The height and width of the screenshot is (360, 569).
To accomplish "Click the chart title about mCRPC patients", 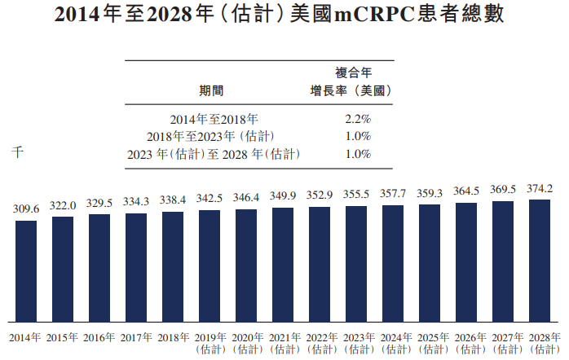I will pyautogui.click(x=284, y=15).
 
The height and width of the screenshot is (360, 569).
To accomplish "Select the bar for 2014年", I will pyautogui.click(x=26, y=270).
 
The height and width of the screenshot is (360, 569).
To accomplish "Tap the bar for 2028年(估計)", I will pyautogui.click(x=540, y=260).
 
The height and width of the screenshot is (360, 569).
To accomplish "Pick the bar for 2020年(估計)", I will pyautogui.click(x=246, y=265).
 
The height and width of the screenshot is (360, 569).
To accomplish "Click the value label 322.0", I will pyautogui.click(x=63, y=206).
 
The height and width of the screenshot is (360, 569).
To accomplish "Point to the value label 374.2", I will pyautogui.click(x=540, y=189).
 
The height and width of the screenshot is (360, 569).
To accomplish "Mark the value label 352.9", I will pyautogui.click(x=320, y=195).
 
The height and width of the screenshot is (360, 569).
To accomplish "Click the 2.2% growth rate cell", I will pyautogui.click(x=358, y=118).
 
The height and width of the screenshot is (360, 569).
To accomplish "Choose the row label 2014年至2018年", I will pyautogui.click(x=214, y=118).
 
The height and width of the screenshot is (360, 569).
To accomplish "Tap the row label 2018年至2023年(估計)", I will pyautogui.click(x=214, y=136).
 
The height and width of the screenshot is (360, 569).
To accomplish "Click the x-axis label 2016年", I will pyautogui.click(x=99, y=337).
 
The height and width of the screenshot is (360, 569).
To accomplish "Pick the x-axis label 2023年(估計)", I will pyautogui.click(x=356, y=343).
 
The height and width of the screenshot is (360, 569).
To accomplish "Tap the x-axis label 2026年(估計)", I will pyautogui.click(x=466, y=343).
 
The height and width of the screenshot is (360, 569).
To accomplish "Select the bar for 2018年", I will pyautogui.click(x=173, y=266).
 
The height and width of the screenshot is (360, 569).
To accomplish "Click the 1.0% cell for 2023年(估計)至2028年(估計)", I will pyautogui.click(x=358, y=154).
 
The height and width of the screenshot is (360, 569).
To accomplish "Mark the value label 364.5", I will pyautogui.click(x=466, y=192).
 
